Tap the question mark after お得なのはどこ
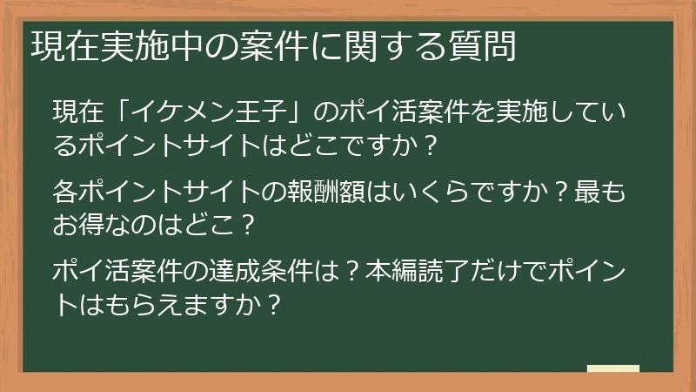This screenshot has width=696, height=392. pyautogui.click(x=247, y=224)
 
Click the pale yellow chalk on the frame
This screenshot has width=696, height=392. pyautogui.click(x=613, y=369)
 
